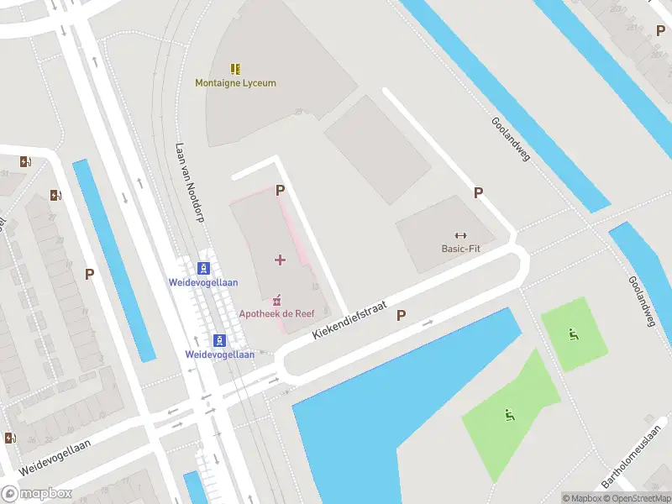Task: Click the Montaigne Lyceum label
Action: click(x=235, y=83)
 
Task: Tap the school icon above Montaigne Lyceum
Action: click(x=235, y=69)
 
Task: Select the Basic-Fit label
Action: click(x=460, y=249)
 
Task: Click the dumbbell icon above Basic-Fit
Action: click(x=460, y=235)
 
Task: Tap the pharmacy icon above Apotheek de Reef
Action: click(x=277, y=300)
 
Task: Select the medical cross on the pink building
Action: click(x=280, y=260)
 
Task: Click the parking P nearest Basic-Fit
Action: click(x=478, y=192)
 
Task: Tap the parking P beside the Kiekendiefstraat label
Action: click(x=401, y=316)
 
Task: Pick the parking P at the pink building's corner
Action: click(x=280, y=191)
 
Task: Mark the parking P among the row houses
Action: click(x=89, y=273)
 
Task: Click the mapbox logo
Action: click(x=37, y=494)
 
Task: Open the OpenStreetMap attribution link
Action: click(x=638, y=498)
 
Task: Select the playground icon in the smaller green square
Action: click(x=573, y=335)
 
